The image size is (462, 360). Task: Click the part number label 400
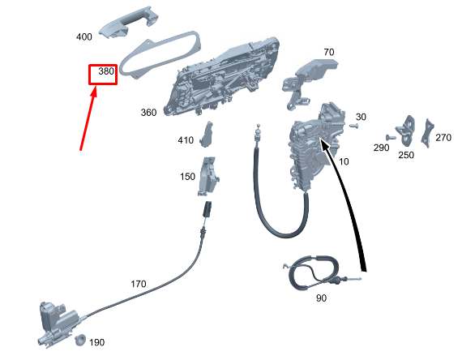pos(84,37)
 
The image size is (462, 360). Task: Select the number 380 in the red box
pos(106,71)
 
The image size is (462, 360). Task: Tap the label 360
pos(148,113)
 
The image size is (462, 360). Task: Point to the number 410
pos(186,140)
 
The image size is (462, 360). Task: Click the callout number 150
pos(187,177)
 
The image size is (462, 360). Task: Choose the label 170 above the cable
pos(138,284)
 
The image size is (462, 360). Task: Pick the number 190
pos(96,343)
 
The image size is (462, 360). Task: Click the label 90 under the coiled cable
pos(321,298)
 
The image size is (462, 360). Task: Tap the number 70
pos(329,53)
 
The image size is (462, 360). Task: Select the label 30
pos(361,117)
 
